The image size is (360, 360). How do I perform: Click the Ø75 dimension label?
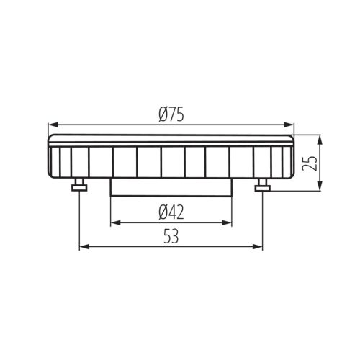pyautogui.click(x=173, y=113)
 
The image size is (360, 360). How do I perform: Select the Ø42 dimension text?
pyautogui.click(x=173, y=212)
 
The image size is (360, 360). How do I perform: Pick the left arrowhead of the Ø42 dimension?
pyautogui.click(x=114, y=222)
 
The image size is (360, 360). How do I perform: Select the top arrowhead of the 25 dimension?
pyautogui.click(x=319, y=138)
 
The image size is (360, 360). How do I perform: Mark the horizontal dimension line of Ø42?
pyautogui.click(x=144, y=222)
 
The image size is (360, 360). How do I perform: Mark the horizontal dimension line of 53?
pyautogui.click(x=130, y=246)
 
